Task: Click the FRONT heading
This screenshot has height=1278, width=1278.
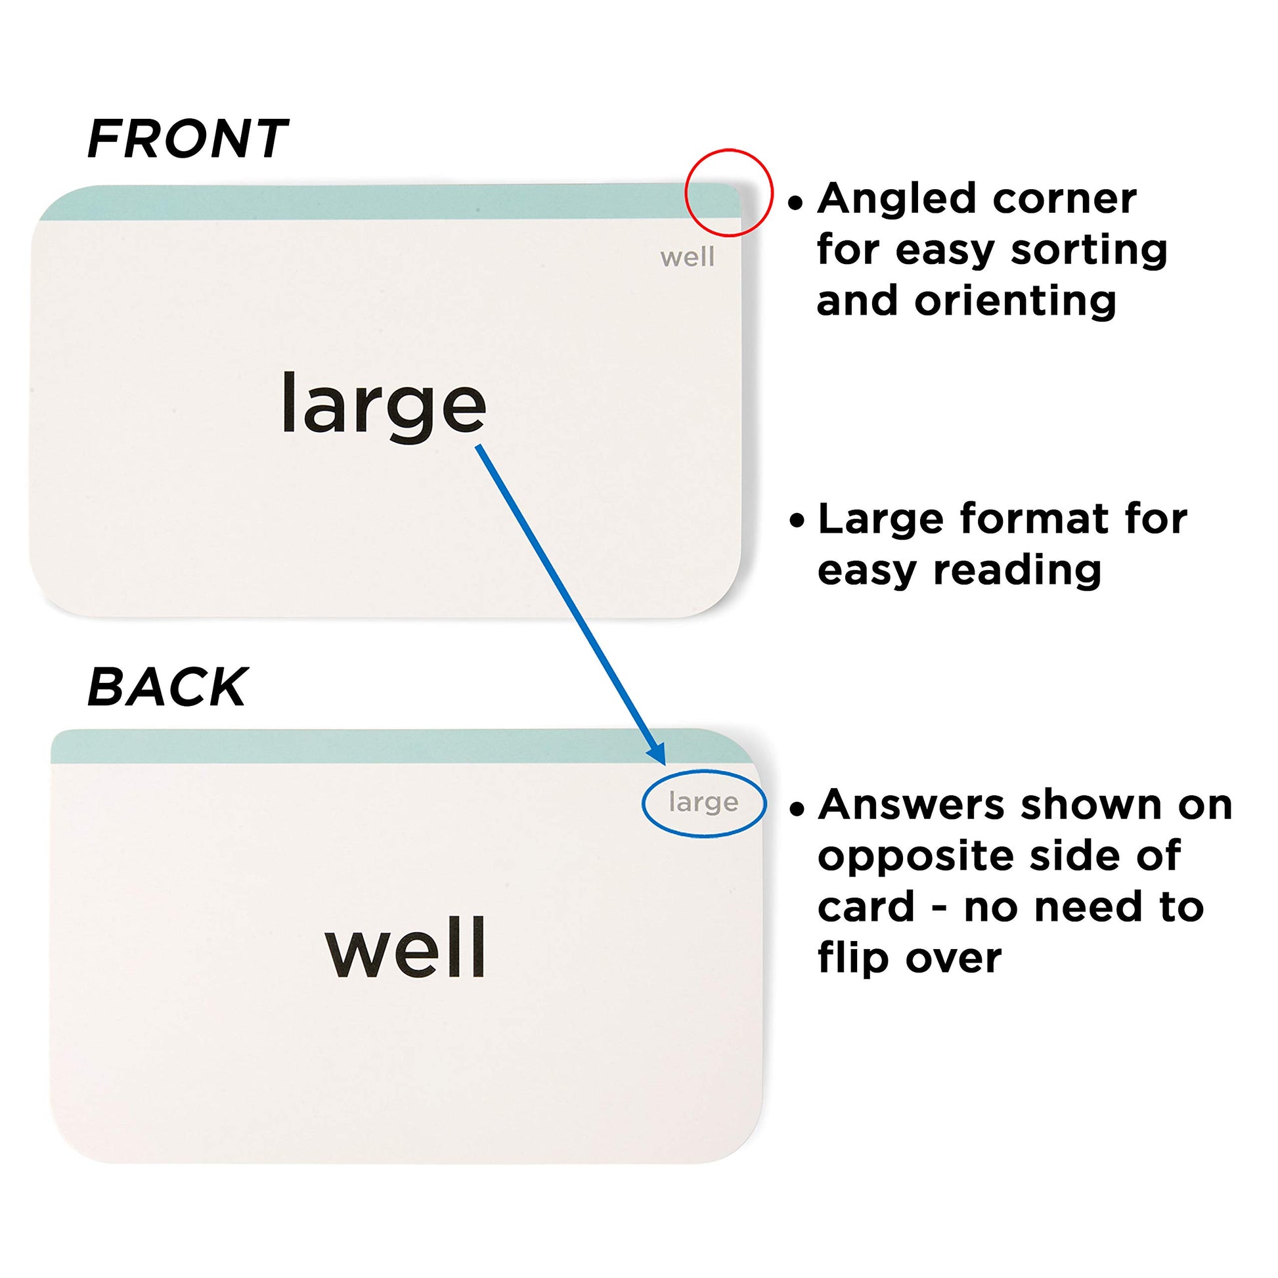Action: point(187,140)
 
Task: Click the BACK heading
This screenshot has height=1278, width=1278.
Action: point(167,688)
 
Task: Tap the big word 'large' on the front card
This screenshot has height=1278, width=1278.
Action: point(384,405)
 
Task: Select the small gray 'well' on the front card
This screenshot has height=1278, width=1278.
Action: point(688,257)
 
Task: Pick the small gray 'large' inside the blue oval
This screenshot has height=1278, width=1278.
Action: point(703,803)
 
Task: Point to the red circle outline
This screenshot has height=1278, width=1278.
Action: point(686,192)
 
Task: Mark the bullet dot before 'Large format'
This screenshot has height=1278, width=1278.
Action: point(797,521)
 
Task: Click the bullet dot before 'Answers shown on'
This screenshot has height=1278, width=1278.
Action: point(797,808)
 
